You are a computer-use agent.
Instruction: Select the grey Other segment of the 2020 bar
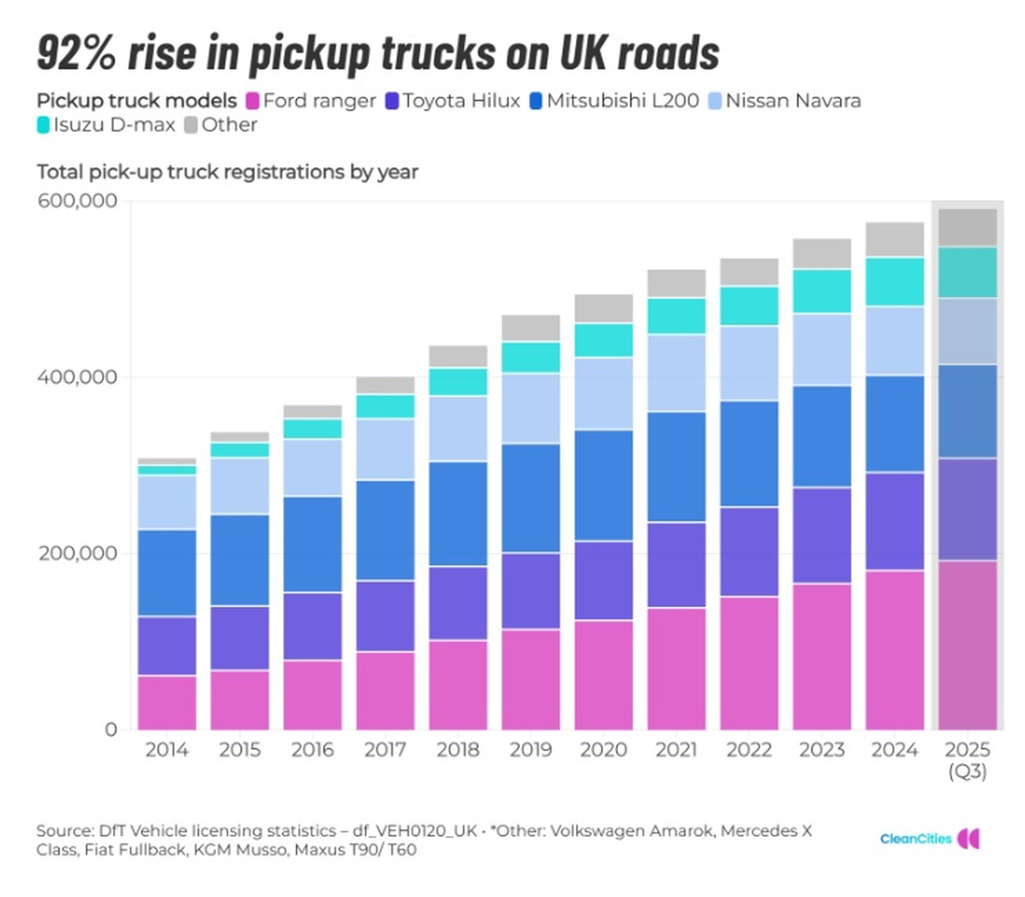point(603,308)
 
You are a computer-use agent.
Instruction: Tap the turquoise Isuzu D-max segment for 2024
point(894,281)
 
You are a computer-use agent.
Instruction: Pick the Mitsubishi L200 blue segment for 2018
point(458,513)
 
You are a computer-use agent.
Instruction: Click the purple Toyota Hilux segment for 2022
point(749,552)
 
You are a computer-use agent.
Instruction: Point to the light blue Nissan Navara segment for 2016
point(312,467)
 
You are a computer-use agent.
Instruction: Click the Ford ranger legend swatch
point(253,101)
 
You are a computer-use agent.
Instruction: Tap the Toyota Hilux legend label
point(461,101)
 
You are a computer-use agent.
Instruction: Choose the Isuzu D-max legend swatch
point(44,125)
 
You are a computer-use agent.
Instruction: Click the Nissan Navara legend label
point(793,101)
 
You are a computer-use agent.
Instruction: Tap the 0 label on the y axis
point(111,729)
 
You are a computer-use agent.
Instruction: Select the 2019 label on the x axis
point(530,749)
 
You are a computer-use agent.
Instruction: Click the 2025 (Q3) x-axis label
point(967,759)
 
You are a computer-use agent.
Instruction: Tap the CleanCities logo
point(929,839)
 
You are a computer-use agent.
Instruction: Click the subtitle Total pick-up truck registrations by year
point(227,172)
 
